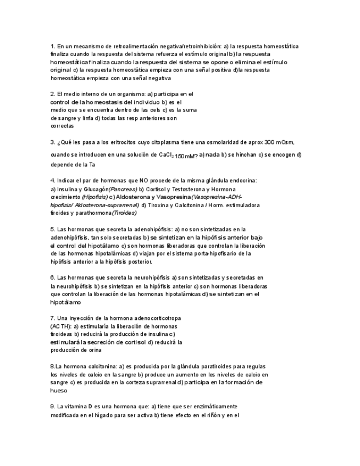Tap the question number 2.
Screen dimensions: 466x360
pos(52,94)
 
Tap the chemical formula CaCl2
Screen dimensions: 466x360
pos(164,155)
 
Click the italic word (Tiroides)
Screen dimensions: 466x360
pos(124,213)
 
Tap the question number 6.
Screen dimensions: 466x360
pos(52,278)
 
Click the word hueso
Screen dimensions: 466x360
pos(59,391)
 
